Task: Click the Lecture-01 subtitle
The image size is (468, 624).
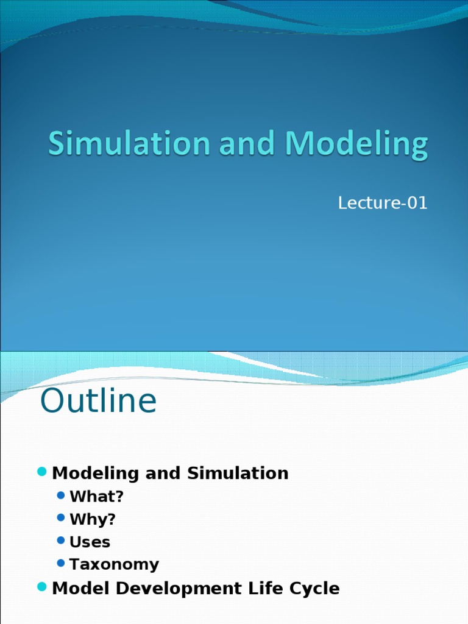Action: pyautogui.click(x=383, y=203)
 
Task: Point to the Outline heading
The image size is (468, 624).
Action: pyautogui.click(x=98, y=402)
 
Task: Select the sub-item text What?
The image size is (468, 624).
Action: pyautogui.click(x=96, y=497)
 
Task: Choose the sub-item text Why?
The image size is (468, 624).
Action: pyautogui.click(x=93, y=519)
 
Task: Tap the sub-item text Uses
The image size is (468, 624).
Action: pyautogui.click(x=90, y=542)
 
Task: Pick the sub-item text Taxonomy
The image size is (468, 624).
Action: pyautogui.click(x=114, y=564)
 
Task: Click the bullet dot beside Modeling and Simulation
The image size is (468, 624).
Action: pyautogui.click(x=42, y=472)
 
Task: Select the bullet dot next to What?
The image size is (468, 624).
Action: pyautogui.click(x=60, y=495)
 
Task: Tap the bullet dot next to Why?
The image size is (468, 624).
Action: pyautogui.click(x=60, y=518)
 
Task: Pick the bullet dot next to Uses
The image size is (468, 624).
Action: pyautogui.click(x=60, y=541)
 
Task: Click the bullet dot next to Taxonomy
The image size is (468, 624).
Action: pyautogui.click(x=60, y=563)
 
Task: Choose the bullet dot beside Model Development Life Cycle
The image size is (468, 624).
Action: pyautogui.click(x=42, y=587)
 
